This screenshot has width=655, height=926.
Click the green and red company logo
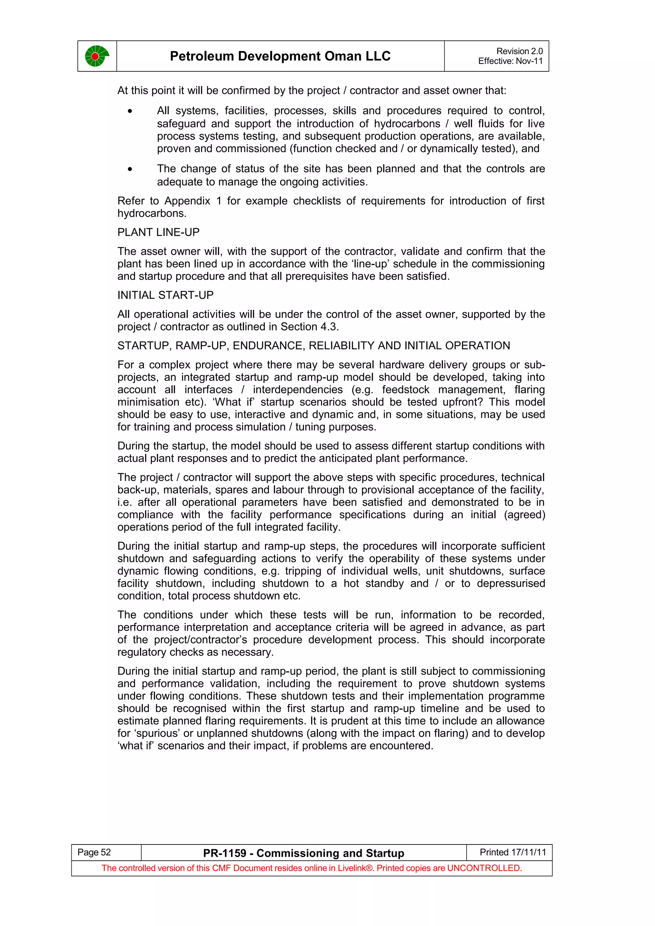point(97,56)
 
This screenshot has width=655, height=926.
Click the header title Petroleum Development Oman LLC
point(280,56)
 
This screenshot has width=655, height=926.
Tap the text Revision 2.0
point(519,51)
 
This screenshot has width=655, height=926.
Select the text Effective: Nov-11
point(510,61)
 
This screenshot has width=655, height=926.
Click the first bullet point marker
point(130,111)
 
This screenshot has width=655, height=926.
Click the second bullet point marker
point(130,169)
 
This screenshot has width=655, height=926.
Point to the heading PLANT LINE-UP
point(158,232)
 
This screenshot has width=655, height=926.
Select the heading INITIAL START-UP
point(165,295)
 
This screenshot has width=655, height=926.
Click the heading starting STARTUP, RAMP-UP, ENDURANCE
point(313,346)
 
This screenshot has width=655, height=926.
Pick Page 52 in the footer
point(94,852)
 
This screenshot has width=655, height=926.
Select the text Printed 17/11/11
point(513,852)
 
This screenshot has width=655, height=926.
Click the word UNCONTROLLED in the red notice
point(484,868)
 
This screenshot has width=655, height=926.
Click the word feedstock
point(405,390)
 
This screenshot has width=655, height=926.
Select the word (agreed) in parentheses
point(524,515)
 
